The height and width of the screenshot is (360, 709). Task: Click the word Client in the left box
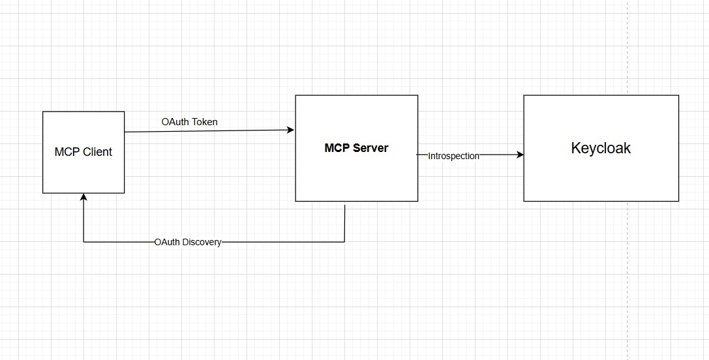click(97, 152)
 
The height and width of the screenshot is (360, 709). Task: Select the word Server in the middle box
click(370, 148)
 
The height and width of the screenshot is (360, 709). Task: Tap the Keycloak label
click(601, 148)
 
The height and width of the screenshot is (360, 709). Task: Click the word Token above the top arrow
click(205, 122)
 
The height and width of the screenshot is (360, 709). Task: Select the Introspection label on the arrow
click(454, 156)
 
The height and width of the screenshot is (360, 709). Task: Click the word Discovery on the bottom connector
click(202, 242)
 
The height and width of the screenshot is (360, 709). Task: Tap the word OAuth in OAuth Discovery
click(168, 242)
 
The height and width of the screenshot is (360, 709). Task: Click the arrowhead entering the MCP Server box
click(291, 130)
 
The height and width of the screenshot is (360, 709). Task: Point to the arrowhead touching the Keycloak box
click(520, 155)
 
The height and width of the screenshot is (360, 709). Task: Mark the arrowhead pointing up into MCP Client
click(83, 197)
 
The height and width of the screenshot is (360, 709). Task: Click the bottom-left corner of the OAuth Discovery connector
click(83, 242)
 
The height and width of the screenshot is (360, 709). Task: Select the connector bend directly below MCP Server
click(344, 242)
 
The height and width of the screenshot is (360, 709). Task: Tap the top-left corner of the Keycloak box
click(524, 95)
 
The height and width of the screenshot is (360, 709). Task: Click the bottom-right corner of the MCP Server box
click(417, 201)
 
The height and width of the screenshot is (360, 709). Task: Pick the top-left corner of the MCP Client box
click(43, 112)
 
